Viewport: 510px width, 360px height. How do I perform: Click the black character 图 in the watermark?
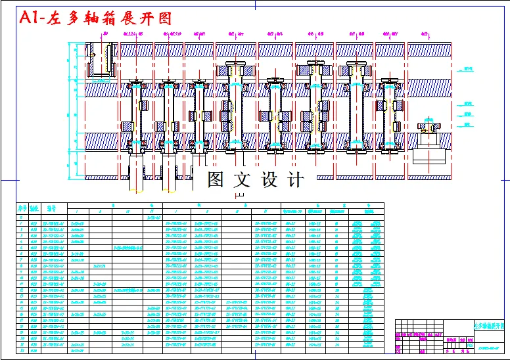point(218,179)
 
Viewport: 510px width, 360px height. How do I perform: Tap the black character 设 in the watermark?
point(271,179)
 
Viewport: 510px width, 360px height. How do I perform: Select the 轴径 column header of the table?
point(35,208)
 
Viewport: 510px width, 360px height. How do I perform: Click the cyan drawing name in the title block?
point(488,325)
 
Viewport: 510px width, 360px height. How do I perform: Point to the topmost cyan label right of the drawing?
point(469,68)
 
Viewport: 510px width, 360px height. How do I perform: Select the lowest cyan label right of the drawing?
point(468,124)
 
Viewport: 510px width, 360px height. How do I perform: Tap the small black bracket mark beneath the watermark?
point(239,195)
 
